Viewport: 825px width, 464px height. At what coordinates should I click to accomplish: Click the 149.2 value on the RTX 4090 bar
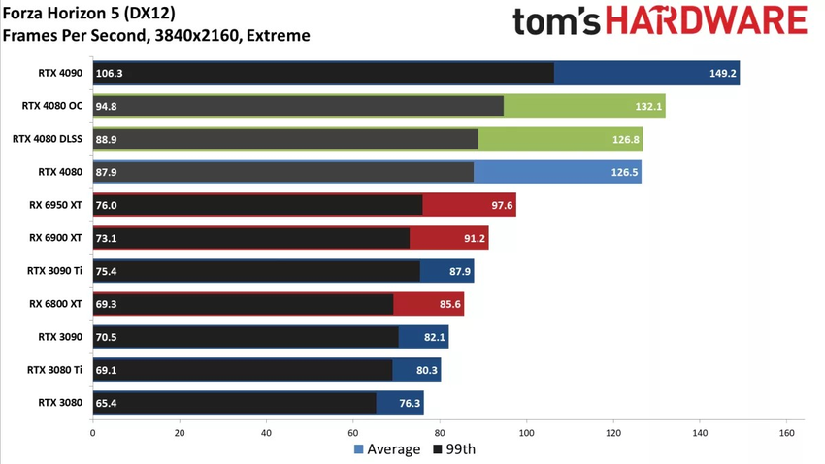tap(723, 73)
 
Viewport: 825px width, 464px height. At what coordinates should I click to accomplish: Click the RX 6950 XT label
tap(55, 205)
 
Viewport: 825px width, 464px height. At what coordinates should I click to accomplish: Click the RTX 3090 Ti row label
tap(53, 271)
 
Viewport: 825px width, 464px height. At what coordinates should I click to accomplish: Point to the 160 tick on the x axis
tap(786, 432)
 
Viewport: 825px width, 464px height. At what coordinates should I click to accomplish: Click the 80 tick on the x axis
tap(440, 432)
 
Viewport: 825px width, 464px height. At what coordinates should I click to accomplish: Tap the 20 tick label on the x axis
tap(179, 432)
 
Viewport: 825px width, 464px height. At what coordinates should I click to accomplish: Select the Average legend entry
tap(387, 449)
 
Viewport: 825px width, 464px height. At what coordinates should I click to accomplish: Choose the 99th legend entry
tap(454, 449)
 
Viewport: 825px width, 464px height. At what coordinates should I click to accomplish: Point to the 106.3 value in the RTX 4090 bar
tap(109, 73)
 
